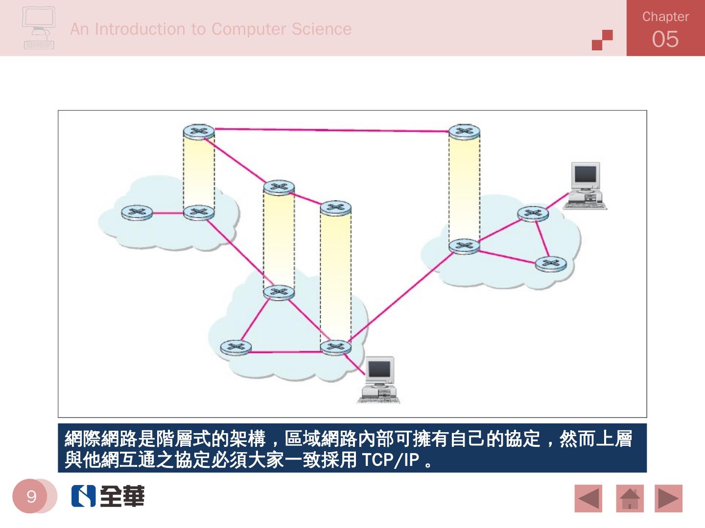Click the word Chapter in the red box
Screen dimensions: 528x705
tap(665, 17)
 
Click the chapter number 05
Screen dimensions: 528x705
tap(665, 39)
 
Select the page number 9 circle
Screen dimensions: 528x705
tap(31, 496)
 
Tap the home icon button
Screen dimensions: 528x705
tap(630, 499)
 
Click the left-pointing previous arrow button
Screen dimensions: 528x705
tap(588, 499)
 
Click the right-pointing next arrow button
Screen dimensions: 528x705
tap(668, 499)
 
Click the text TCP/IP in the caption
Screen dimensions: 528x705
tap(390, 460)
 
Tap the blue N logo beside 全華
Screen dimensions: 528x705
tap(83, 496)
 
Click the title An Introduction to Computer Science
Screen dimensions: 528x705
tap(211, 29)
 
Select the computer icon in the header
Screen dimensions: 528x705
tap(39, 28)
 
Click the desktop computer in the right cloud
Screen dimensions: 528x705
tap(586, 186)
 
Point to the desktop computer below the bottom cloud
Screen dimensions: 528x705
tap(378, 380)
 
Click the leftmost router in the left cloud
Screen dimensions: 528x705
tap(137, 213)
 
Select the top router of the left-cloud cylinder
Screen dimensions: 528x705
tap(199, 132)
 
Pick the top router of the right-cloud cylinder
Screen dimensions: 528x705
tap(464, 132)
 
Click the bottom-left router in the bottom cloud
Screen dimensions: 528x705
tap(235, 348)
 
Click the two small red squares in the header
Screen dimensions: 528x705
tap(602, 40)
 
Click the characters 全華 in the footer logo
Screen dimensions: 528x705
tap(122, 496)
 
